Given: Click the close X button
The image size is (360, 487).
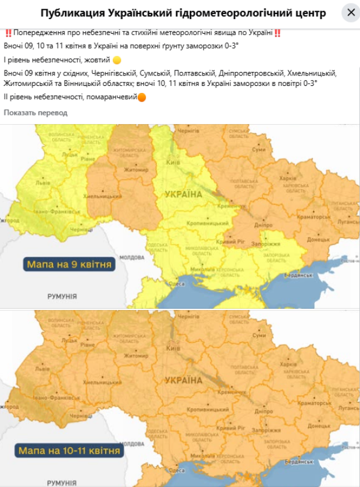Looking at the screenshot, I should pyautogui.click(x=351, y=12).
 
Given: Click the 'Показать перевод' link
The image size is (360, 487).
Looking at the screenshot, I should pyautogui.click(x=35, y=113).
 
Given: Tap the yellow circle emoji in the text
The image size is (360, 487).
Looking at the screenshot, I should pyautogui.click(x=117, y=60).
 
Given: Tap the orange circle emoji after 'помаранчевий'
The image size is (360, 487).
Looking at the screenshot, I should pyautogui.click(x=142, y=97).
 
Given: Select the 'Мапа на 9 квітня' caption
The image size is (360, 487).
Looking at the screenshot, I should pyautogui.click(x=69, y=265).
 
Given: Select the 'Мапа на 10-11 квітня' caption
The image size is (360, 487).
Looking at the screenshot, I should pyautogui.click(x=69, y=450).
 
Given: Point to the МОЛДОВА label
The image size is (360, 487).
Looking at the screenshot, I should pyautogui.click(x=132, y=257).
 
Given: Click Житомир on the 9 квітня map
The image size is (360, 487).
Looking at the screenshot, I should pyautogui.click(x=135, y=170).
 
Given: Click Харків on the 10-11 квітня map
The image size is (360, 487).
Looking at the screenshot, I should pyautogui.click(x=288, y=363).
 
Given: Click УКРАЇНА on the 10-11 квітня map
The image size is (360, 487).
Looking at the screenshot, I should pyautogui.click(x=183, y=381).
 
